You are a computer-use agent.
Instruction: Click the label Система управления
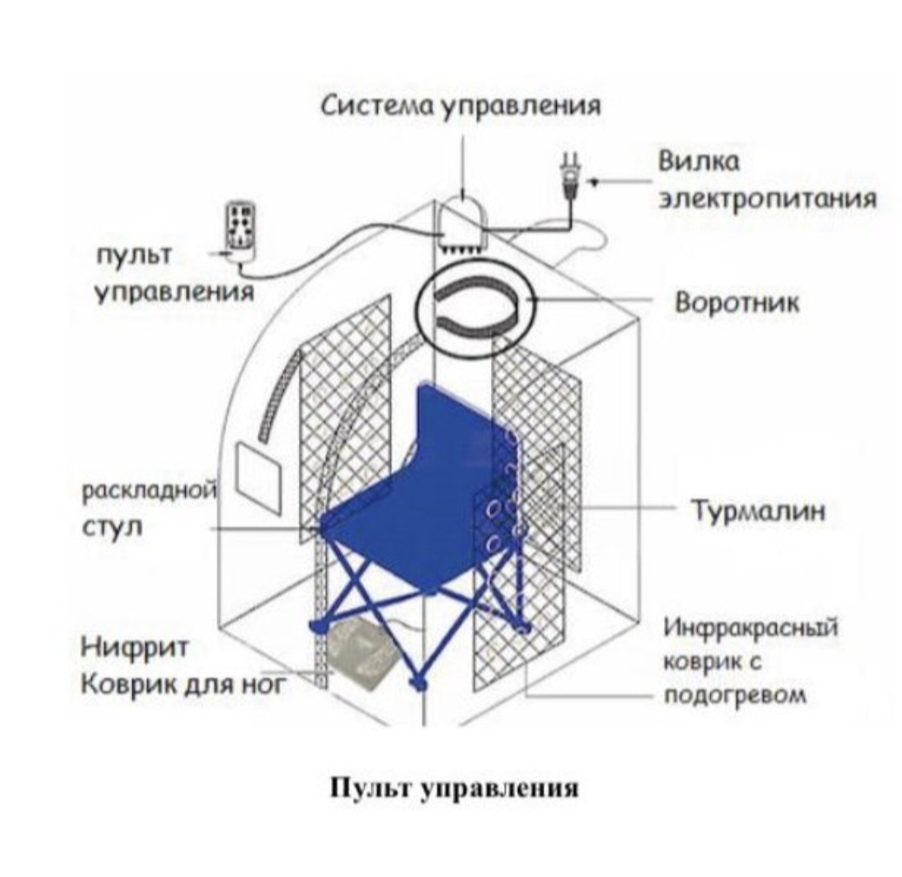[461, 108]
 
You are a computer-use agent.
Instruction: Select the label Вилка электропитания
[765, 181]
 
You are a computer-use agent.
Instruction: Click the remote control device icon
[240, 227]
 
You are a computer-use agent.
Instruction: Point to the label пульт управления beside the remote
[172, 273]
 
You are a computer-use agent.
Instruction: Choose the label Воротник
[736, 304]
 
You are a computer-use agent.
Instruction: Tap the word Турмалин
[756, 511]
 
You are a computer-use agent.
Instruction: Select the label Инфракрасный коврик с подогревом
[750, 661]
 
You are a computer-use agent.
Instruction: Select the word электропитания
[765, 199]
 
